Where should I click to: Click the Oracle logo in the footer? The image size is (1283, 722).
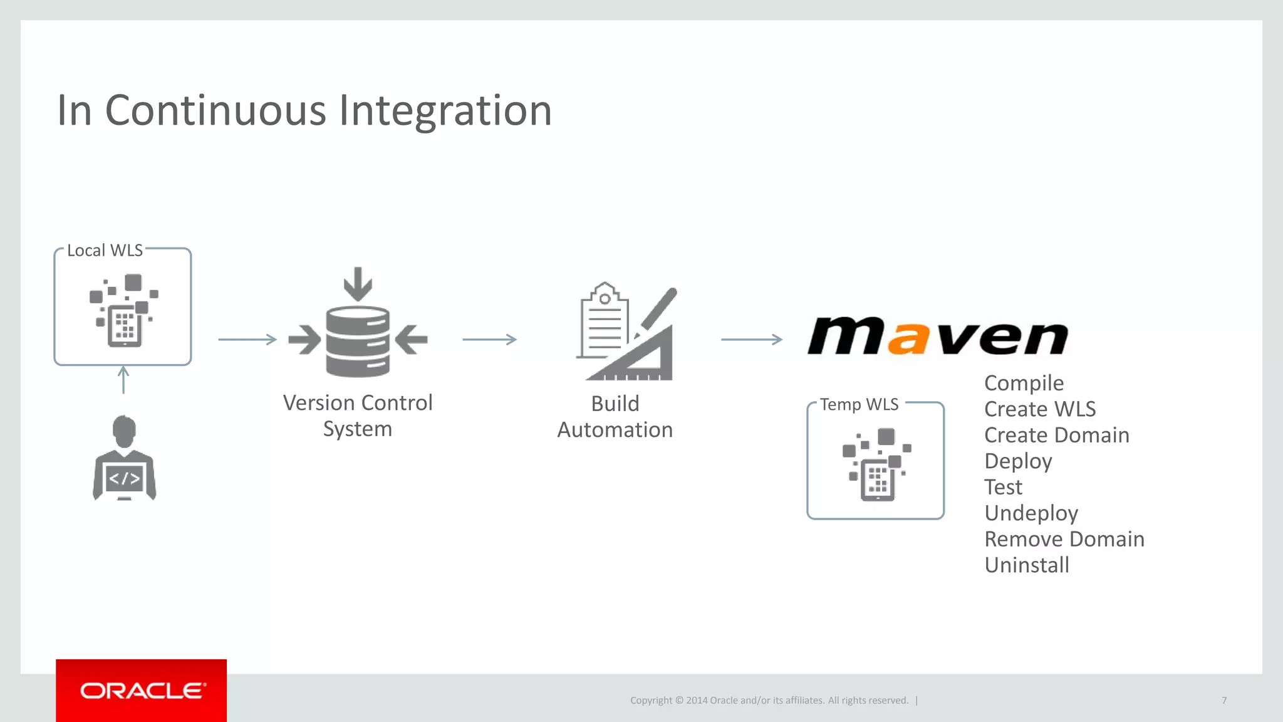tap(142, 691)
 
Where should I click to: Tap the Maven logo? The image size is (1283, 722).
tap(938, 337)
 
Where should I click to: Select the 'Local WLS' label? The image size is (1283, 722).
tap(105, 251)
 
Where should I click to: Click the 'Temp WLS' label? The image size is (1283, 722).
tap(859, 405)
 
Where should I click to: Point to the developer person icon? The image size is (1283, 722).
tap(124, 458)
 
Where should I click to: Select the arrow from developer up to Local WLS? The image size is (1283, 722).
tap(123, 380)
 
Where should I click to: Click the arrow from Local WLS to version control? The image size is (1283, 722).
tap(247, 340)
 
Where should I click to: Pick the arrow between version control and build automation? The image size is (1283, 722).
tap(489, 340)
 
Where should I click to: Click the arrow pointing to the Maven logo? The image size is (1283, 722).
tap(751, 340)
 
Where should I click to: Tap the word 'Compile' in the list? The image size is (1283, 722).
tap(1024, 383)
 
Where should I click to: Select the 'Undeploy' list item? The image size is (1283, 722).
tap(1031, 513)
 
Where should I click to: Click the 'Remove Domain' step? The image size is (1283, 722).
tap(1064, 539)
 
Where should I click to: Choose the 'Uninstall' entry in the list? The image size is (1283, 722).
tap(1027, 565)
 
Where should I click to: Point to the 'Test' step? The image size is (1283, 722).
tap(1003, 487)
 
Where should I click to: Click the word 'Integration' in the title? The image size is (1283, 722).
tap(445, 111)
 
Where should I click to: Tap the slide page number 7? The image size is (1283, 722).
tap(1224, 700)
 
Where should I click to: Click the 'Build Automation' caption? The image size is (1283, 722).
tap(615, 417)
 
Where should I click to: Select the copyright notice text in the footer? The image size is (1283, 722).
tap(769, 700)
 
